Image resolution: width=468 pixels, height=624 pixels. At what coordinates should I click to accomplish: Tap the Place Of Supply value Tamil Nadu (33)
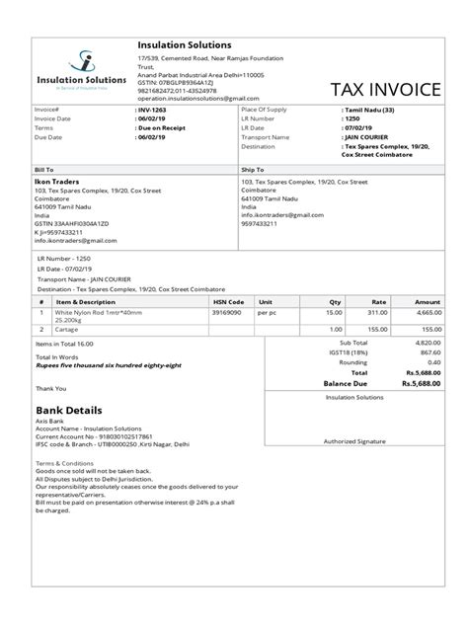(371, 110)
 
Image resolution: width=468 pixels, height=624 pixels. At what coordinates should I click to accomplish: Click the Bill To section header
(44, 170)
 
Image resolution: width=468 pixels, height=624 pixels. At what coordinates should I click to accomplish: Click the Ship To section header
(253, 170)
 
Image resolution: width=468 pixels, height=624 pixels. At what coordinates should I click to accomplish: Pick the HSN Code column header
(229, 301)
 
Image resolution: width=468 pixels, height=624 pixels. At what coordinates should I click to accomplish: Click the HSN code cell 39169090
(227, 313)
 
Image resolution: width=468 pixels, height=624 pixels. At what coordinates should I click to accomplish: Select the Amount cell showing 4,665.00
(426, 313)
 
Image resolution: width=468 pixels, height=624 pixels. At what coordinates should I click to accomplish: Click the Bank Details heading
(70, 409)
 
